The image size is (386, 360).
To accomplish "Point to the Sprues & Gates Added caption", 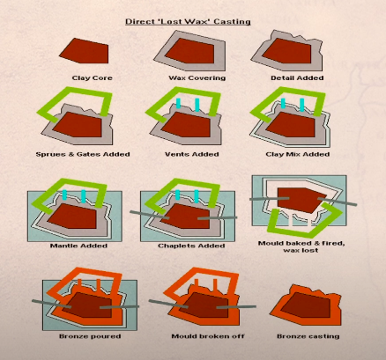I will tap(85, 154).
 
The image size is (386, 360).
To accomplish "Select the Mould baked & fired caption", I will tap(301, 242).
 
